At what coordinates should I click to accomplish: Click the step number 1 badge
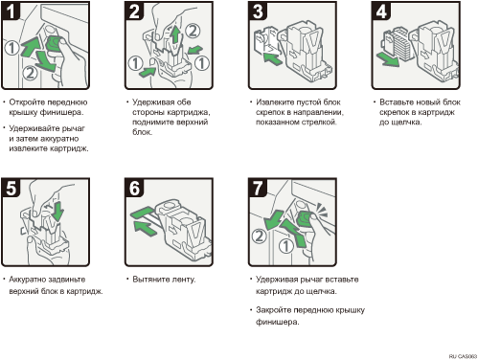coord(11,11)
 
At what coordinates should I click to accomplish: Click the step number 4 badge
coord(381,11)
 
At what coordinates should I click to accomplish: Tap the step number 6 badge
coord(134,188)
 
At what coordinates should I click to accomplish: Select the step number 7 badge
coord(258,188)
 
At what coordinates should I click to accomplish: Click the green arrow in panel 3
coord(272,58)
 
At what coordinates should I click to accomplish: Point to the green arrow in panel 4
coord(387,59)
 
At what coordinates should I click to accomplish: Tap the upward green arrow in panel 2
coord(174,34)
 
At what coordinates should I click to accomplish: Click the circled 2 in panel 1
coord(30,73)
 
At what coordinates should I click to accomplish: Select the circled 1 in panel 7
coord(286,246)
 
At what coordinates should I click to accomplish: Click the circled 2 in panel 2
coord(193,31)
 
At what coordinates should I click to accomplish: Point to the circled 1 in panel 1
coord(11,48)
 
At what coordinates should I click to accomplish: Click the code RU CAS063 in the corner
coord(463,356)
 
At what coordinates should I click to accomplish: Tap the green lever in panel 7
coord(305,218)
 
